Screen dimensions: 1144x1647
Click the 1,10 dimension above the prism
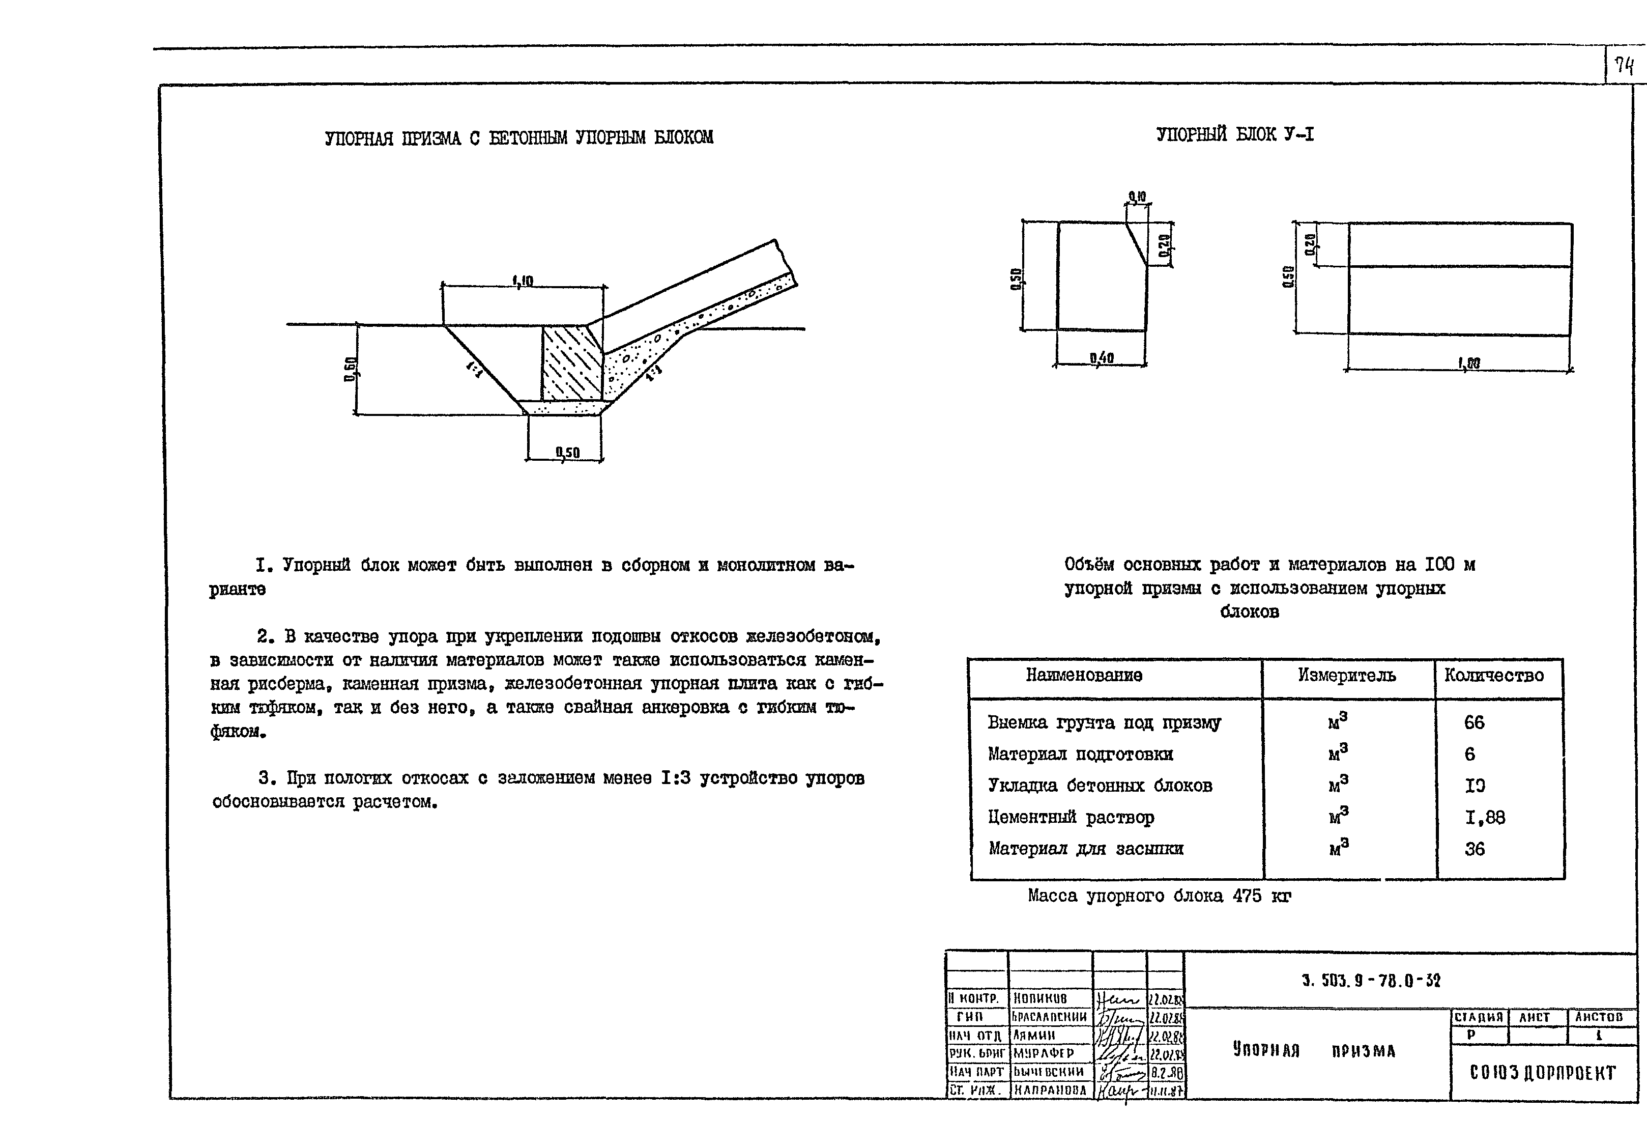tap(523, 281)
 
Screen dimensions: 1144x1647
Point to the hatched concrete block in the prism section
tap(571, 362)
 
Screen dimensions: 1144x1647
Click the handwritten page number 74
tap(1624, 67)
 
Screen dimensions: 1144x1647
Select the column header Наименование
tap(1083, 675)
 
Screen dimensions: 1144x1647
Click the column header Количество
tap(1494, 675)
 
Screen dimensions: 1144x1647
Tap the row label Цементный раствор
tap(1071, 817)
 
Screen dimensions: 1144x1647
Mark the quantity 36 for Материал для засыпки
tap(1475, 849)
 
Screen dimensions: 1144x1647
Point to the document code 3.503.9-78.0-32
tap(1371, 981)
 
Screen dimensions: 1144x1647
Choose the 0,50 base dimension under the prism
tap(567, 452)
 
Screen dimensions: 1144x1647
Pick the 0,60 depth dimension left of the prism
tap(350, 369)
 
